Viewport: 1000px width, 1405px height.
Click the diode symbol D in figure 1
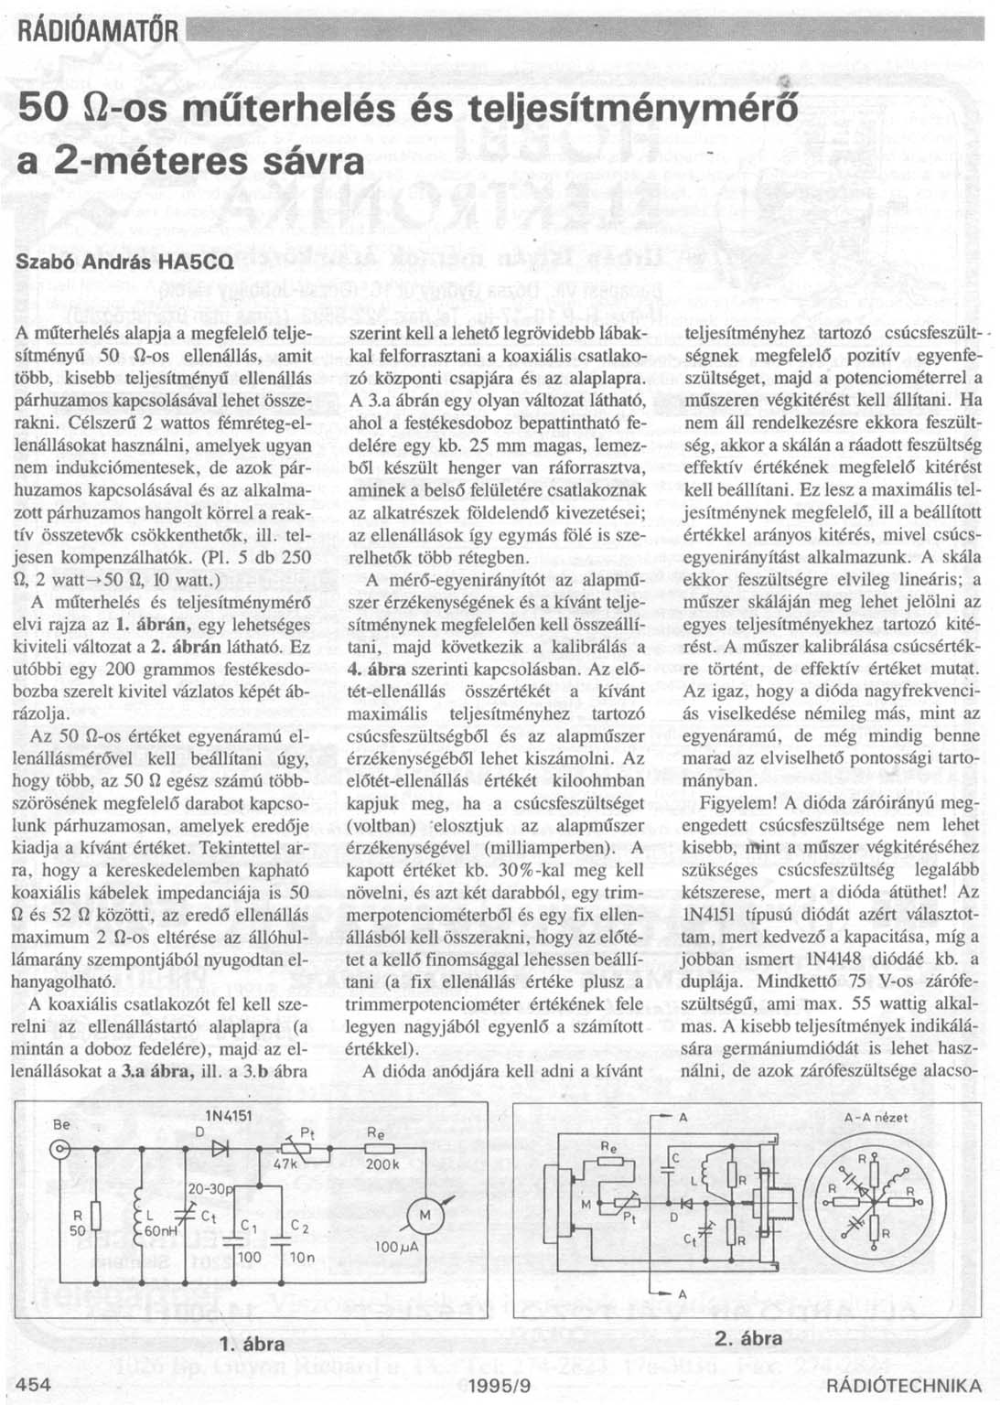[219, 1148]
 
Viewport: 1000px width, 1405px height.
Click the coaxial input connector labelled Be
[60, 1148]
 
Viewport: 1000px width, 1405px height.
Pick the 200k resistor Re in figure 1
[379, 1148]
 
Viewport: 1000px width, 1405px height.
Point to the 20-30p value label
[211, 1188]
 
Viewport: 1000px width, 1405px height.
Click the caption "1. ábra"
[253, 1345]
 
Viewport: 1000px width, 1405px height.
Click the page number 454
[34, 1385]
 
